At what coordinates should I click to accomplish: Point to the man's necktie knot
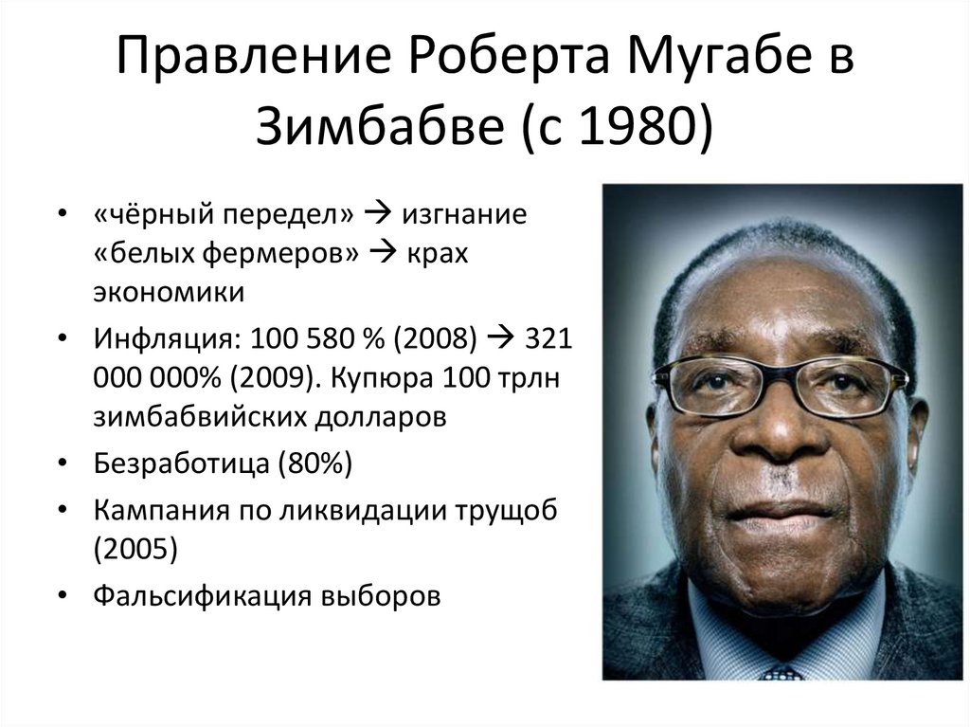[782, 672]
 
